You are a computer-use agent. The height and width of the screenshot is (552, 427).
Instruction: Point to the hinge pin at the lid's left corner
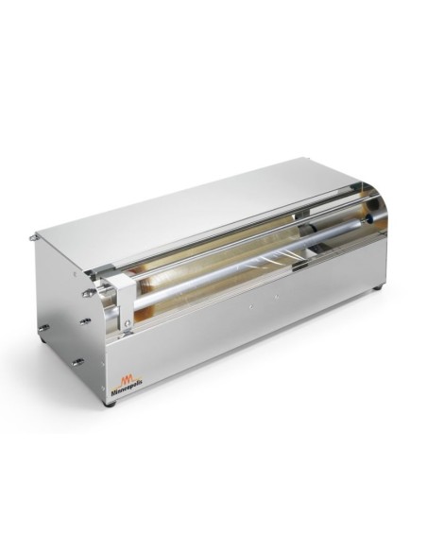click(x=36, y=237)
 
